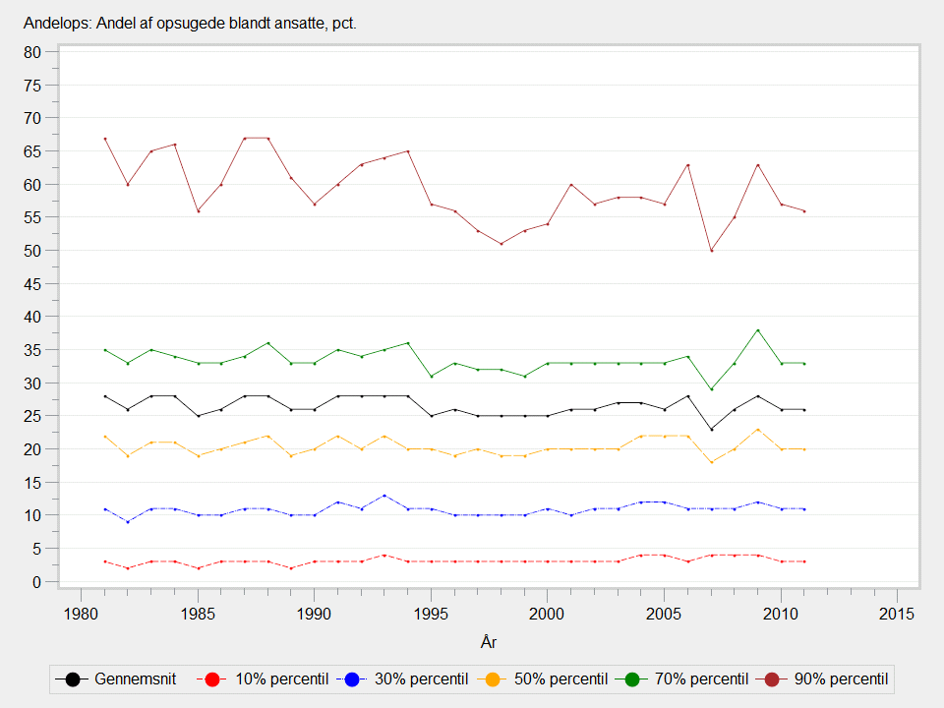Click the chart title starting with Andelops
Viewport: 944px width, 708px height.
tap(190, 23)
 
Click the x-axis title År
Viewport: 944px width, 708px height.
tap(488, 643)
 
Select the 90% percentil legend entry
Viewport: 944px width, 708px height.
tap(832, 678)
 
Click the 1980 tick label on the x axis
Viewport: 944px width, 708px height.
tap(81, 614)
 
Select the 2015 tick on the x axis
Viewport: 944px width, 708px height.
tap(898, 614)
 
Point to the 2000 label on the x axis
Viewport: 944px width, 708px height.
tap(547, 614)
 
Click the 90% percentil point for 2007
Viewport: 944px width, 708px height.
tap(711, 251)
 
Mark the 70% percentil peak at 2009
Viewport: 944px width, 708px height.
tap(757, 330)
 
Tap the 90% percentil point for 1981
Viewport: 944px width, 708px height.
tap(104, 139)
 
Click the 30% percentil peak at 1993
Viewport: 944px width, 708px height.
tap(384, 496)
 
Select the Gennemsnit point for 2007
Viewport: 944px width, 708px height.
tap(711, 430)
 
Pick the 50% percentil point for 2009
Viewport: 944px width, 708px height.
tap(757, 430)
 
